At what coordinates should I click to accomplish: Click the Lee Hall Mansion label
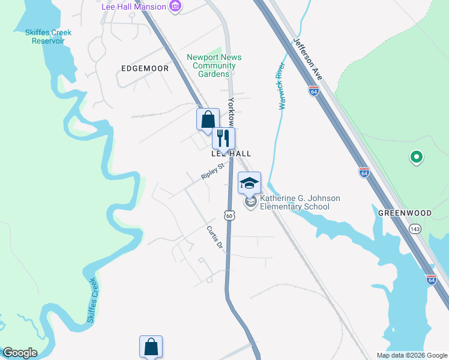133,7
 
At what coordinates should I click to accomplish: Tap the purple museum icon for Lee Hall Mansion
175,7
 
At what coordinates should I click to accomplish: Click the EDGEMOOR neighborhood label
145,68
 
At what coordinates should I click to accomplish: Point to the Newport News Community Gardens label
214,65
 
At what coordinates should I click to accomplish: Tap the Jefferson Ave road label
308,59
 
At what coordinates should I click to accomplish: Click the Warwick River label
281,86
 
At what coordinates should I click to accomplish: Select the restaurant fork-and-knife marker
223,138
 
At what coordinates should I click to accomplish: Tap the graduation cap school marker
249,183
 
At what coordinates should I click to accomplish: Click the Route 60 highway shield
229,215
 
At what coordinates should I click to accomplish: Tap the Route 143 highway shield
415,229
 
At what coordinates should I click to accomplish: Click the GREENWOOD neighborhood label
405,213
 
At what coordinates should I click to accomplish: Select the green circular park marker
415,158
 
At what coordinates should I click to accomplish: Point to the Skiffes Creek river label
92,301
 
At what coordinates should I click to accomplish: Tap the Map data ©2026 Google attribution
411,355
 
